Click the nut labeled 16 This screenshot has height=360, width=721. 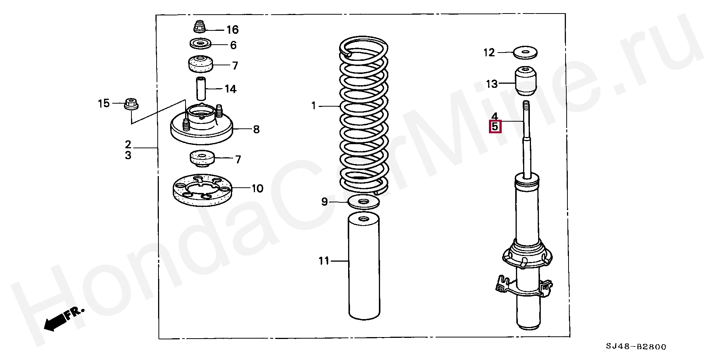(200, 27)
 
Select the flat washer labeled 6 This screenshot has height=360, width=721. (200, 44)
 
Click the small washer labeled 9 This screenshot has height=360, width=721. (364, 202)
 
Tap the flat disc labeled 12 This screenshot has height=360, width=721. (525, 52)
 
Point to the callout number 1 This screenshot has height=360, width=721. (314, 106)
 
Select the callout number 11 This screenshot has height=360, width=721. (324, 261)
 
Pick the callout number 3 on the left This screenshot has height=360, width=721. (128, 155)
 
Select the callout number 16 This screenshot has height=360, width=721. (232, 30)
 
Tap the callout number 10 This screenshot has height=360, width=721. (257, 188)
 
